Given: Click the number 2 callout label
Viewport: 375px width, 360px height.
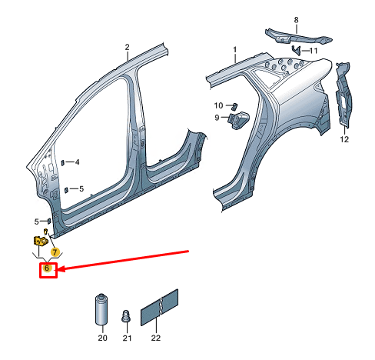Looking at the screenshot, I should pos(128,47).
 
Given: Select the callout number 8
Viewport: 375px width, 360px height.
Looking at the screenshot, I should pos(296,18).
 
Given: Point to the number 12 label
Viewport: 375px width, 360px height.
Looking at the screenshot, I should pos(344,139).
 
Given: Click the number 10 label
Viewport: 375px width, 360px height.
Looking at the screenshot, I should pos(217,105).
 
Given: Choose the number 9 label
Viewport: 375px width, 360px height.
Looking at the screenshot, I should pos(217,118).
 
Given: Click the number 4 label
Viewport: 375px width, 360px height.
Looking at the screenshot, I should pos(77,162).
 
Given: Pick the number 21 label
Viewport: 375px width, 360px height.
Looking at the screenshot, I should pos(128,338).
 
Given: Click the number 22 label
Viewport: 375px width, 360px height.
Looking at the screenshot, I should pos(157,338).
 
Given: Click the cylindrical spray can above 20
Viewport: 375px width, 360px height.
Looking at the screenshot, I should pos(101,311).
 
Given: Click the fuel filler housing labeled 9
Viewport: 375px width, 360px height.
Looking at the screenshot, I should pos(240,120).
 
